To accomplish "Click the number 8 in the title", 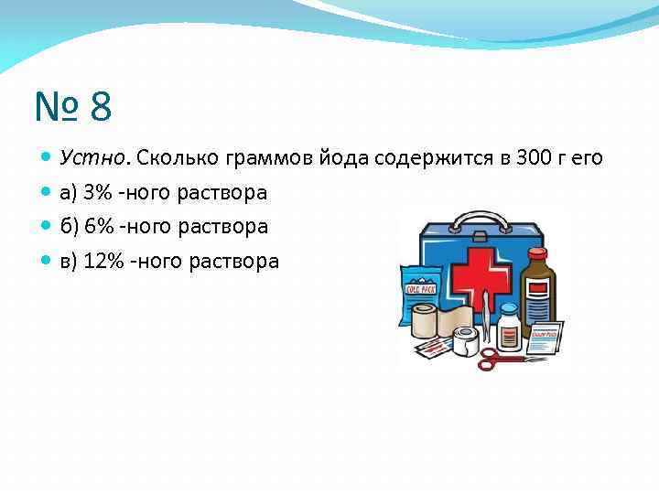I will (101, 106).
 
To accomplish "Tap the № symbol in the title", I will (56, 106).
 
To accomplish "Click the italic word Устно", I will (95, 157).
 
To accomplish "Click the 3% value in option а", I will (97, 192).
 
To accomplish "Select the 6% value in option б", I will (98, 226).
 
